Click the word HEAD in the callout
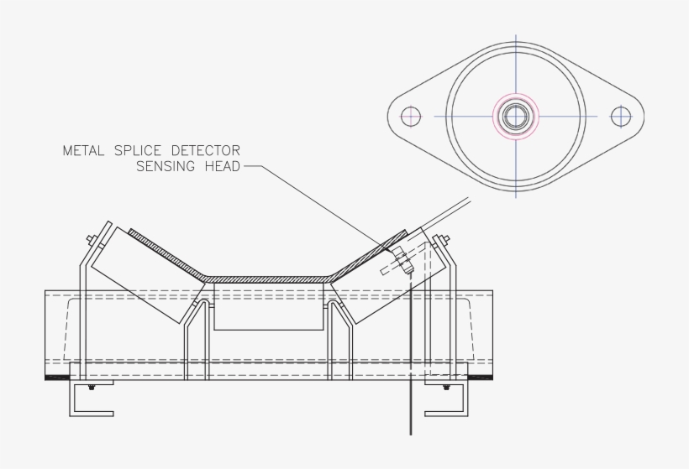pyautogui.click(x=221, y=166)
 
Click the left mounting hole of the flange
pyautogui.click(x=410, y=116)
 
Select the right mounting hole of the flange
pyautogui.click(x=620, y=116)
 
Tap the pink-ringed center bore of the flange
pyautogui.click(x=514, y=116)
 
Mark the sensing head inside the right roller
pyautogui.click(x=401, y=261)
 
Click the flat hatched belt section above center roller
pyautogui.click(x=268, y=278)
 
